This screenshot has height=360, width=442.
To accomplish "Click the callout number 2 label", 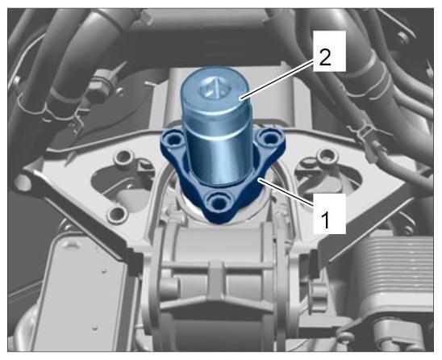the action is [x=325, y=58].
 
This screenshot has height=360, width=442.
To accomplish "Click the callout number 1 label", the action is [x=326, y=220].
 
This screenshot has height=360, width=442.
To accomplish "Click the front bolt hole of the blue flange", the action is [x=219, y=203].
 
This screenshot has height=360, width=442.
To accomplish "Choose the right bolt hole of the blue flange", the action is [x=269, y=138].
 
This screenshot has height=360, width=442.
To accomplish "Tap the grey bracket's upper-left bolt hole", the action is [x=123, y=157].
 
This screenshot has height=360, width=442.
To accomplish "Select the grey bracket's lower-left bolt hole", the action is [x=116, y=214].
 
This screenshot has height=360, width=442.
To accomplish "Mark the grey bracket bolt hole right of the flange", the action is [x=327, y=156].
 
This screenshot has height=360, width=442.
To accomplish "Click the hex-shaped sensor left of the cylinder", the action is [x=97, y=91].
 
